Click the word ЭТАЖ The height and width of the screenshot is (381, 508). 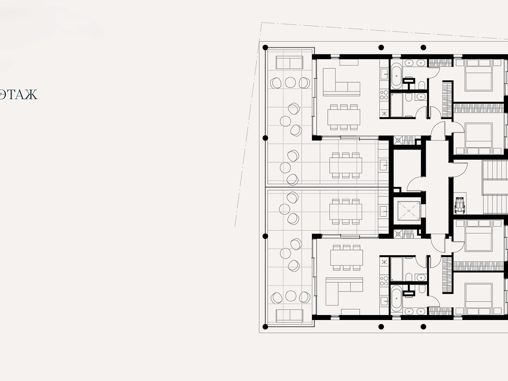[x=18, y=94]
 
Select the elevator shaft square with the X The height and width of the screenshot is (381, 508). [x=409, y=211]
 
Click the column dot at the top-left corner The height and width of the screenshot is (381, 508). [x=265, y=48]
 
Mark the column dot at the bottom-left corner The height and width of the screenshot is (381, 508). [x=265, y=327]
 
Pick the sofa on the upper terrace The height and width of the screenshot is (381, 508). [x=289, y=62]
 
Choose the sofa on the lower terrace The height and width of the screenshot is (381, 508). [x=289, y=316]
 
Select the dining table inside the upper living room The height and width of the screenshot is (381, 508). [x=344, y=117]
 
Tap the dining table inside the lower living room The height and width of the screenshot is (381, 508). [x=346, y=258]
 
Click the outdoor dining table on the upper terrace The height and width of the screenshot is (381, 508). [x=346, y=165]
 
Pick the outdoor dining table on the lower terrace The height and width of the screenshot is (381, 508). [x=346, y=212]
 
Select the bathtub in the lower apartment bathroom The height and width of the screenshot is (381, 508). [x=397, y=299]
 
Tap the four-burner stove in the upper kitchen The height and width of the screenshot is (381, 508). [x=384, y=95]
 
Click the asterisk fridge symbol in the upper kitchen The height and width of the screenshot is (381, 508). [x=384, y=113]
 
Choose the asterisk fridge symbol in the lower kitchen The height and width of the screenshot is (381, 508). [x=384, y=262]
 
